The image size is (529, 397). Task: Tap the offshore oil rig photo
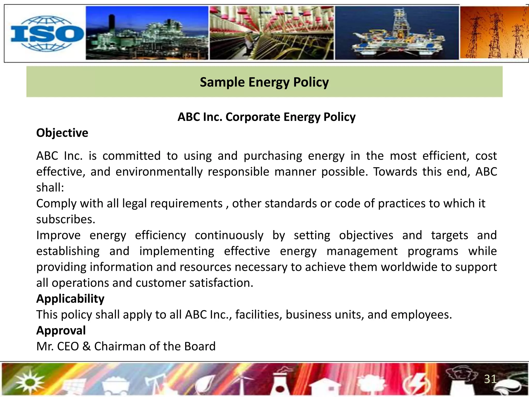pos(397,33)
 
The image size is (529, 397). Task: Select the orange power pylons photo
pos(494,33)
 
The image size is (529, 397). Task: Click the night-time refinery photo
pos(147,33)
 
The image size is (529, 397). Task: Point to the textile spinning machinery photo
pos(271,33)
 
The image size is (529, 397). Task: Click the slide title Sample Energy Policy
pos(264,82)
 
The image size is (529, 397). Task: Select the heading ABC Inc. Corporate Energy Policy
pos(266,117)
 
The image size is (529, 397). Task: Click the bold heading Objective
pos(62,133)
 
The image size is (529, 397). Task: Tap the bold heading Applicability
pos(70,299)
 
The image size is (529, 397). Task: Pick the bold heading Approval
pos(61,331)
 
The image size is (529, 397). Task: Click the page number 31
pos(490,379)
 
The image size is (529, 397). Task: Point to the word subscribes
pos(66,219)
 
